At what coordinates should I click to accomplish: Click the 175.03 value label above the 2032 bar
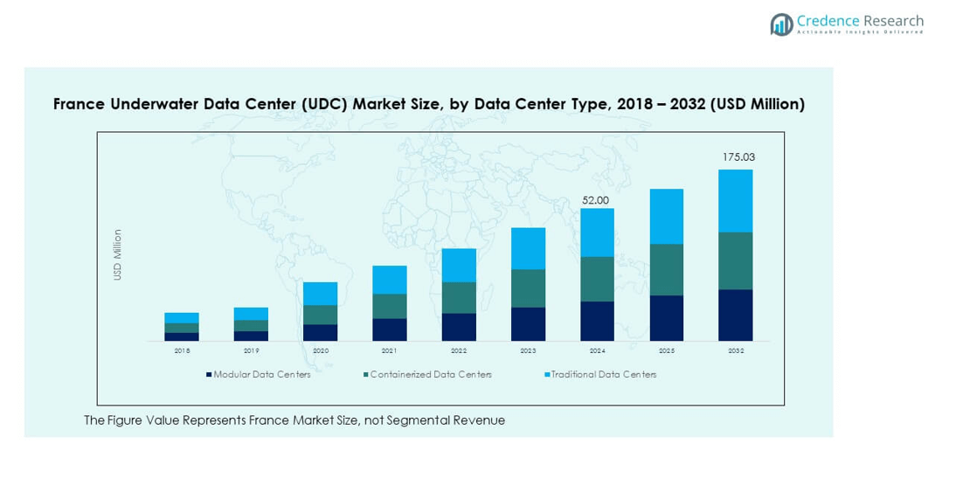[738, 157]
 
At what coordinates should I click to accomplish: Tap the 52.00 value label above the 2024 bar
[596, 200]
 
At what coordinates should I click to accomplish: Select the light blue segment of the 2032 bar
[735, 200]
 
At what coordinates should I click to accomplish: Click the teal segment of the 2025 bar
[666, 269]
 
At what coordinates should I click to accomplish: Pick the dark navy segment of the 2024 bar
[597, 321]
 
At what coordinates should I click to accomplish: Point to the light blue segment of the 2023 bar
[528, 248]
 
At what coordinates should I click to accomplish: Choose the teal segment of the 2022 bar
[459, 297]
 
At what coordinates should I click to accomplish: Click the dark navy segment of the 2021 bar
[390, 329]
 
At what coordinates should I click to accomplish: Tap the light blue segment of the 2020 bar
[320, 293]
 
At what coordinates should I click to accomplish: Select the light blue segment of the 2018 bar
[182, 317]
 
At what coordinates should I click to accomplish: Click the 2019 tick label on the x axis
[251, 350]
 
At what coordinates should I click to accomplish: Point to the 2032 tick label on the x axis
[735, 350]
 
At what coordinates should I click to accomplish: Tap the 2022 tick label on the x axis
[459, 350]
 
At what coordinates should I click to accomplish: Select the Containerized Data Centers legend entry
[430, 375]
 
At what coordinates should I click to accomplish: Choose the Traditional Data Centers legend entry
[603, 375]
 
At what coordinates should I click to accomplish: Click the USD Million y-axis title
[118, 254]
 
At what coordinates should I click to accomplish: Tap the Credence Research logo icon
[781, 24]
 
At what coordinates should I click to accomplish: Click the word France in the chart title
[79, 104]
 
